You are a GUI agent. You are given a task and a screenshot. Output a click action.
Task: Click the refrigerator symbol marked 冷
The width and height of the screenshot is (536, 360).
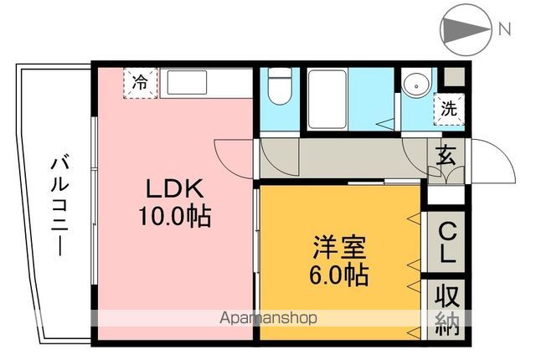point(140,84)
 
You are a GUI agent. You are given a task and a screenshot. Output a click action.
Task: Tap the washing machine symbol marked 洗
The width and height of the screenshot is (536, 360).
point(450,109)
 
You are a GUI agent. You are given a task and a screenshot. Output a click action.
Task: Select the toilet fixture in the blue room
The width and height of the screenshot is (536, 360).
point(280,85)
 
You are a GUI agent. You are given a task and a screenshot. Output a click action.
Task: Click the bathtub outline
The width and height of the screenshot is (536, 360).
point(327,100)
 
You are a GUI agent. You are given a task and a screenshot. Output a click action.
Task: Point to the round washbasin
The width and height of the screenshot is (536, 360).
point(416,86)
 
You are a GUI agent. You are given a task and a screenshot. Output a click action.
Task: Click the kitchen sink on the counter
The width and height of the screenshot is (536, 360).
point(187,83)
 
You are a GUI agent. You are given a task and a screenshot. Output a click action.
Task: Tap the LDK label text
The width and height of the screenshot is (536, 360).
point(175,188)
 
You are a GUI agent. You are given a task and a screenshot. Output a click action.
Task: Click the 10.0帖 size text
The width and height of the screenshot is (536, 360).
point(175,217)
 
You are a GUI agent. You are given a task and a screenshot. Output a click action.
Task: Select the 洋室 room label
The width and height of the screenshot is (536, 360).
point(339,247)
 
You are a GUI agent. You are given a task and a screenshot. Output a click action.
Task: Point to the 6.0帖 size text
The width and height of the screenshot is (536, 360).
point(338,275)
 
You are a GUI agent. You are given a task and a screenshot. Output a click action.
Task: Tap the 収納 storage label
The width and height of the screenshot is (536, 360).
point(447,310)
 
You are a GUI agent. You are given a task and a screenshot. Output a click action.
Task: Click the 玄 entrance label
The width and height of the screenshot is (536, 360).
point(446,155)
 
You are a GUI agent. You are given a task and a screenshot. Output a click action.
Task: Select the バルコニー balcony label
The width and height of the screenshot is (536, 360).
point(59,207)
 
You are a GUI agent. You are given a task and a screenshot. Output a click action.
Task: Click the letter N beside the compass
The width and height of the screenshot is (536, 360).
point(504,29)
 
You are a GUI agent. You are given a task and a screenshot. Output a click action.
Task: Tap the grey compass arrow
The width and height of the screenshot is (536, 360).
point(466,29)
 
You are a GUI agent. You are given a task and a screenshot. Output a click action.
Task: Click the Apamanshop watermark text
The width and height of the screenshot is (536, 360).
point(268,318)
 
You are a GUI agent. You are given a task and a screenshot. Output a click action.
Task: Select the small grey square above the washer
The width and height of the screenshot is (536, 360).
point(454,77)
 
